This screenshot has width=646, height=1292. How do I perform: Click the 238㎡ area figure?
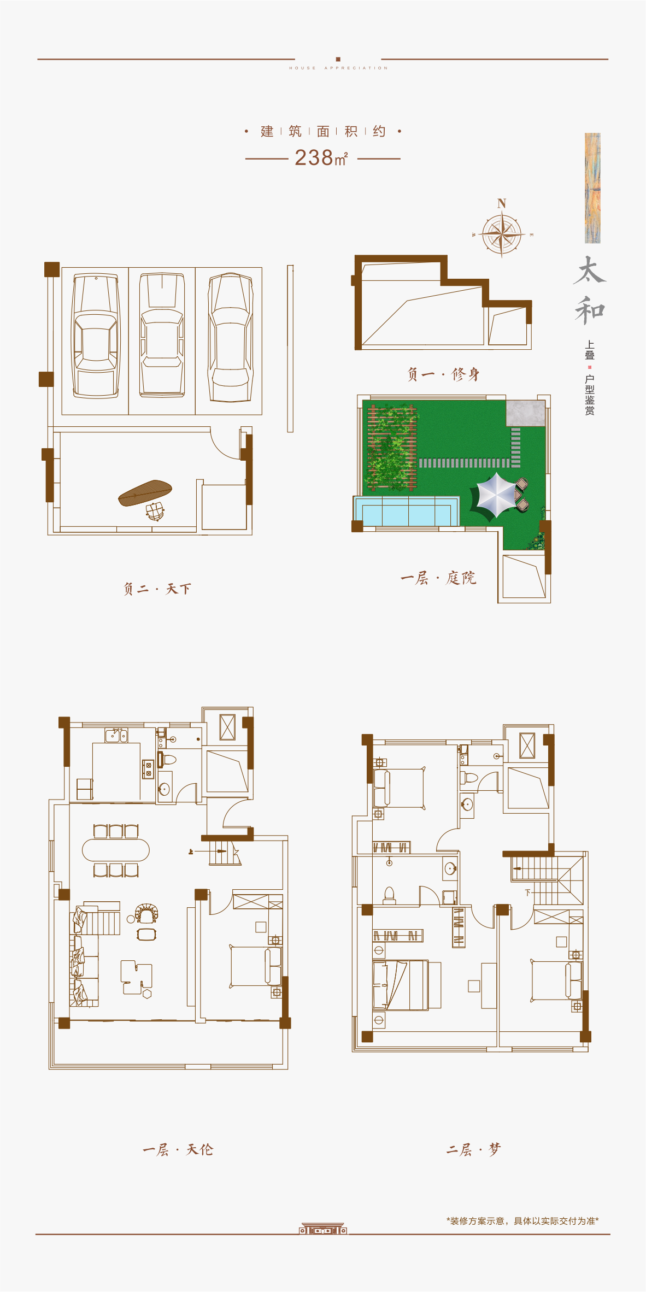point(321,157)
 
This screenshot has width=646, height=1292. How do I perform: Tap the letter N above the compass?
point(502,203)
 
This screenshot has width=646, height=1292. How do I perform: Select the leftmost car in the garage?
point(96,336)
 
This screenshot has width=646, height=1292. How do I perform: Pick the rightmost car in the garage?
point(230,337)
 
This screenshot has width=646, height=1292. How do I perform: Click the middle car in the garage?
point(162,334)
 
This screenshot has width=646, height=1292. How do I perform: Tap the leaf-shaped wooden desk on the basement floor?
point(145,493)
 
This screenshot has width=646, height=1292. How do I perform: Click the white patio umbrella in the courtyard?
point(495,495)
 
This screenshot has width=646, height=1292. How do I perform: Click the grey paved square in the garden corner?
point(525,413)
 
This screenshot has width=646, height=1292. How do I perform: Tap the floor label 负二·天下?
point(157,589)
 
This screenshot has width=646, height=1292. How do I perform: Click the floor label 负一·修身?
point(443,374)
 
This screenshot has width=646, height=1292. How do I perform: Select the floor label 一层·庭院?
point(438,578)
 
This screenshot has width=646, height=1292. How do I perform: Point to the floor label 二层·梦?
point(473,1150)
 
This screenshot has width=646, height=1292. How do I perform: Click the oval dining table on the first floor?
point(116,850)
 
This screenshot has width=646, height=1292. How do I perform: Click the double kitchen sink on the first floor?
point(116,736)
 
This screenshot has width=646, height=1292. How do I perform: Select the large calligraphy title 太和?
point(590,291)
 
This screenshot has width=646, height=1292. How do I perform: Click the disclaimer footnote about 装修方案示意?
point(522,1221)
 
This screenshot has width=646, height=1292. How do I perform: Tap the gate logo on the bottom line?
point(323,1229)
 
